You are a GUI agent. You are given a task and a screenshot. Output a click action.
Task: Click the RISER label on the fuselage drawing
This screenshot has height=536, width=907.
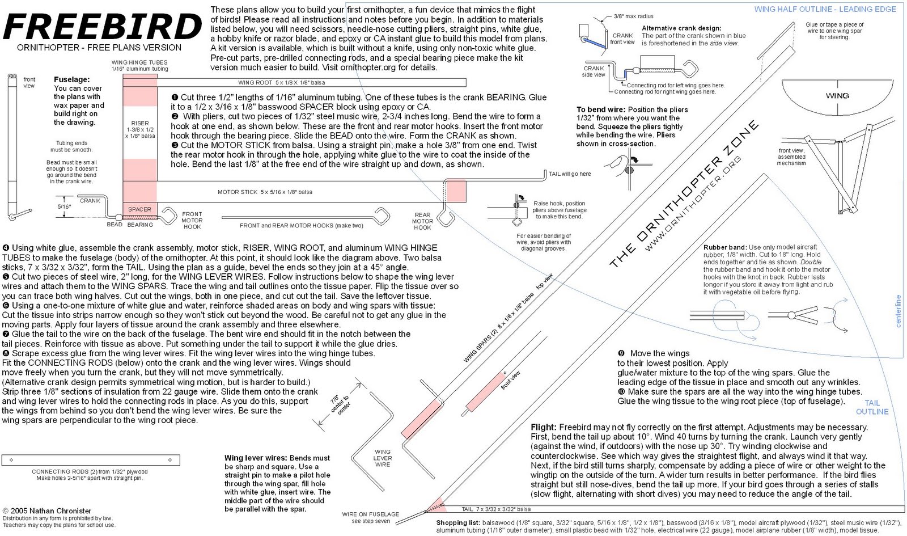(140, 123)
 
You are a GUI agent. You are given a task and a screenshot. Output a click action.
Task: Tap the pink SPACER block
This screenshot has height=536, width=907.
(139, 209)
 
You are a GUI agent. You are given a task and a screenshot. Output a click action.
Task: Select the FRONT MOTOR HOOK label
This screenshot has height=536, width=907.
(192, 221)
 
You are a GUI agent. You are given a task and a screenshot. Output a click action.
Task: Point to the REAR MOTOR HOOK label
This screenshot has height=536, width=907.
(422, 221)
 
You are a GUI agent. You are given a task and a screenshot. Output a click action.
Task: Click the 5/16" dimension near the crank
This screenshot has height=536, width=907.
(64, 206)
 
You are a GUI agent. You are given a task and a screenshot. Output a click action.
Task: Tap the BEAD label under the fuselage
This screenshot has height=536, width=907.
(114, 225)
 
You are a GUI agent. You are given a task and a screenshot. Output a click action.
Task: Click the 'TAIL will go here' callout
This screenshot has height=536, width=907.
(569, 174)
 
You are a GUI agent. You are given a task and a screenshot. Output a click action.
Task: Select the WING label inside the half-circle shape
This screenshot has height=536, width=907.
(837, 95)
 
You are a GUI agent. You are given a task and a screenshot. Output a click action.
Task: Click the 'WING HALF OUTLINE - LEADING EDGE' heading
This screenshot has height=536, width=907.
(825, 9)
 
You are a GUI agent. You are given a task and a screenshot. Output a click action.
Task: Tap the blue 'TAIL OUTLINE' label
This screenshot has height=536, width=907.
(872, 407)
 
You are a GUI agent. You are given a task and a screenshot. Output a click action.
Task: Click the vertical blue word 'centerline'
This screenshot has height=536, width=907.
(898, 311)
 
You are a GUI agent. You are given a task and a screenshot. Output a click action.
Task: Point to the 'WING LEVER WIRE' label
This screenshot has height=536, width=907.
(383, 458)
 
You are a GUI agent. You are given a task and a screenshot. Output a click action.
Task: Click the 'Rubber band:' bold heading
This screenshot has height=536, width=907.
(725, 247)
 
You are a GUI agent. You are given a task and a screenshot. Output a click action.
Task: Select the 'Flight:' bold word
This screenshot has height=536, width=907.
(544, 427)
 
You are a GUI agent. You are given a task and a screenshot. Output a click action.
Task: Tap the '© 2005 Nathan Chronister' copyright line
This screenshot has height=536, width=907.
(46, 510)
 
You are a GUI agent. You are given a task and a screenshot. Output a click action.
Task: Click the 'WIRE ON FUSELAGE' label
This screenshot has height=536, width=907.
(370, 514)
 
